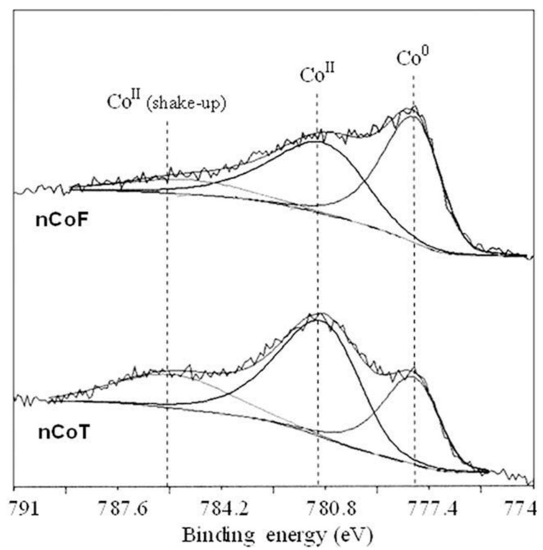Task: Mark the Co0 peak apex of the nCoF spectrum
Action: point(412,108)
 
